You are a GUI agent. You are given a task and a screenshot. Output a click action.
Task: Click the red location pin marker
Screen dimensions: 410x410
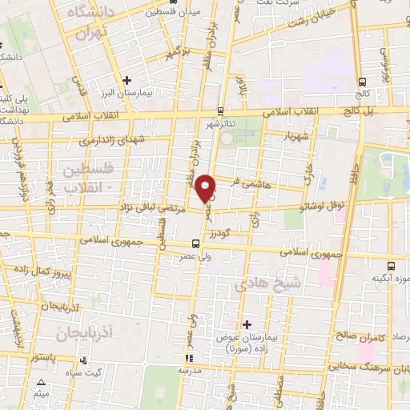pyautogui.click(x=206, y=188)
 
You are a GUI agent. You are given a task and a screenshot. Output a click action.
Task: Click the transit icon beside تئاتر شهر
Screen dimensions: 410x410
pyautogui.click(x=222, y=111)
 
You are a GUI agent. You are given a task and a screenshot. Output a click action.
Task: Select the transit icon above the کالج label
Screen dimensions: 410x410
pyautogui.click(x=363, y=82)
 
